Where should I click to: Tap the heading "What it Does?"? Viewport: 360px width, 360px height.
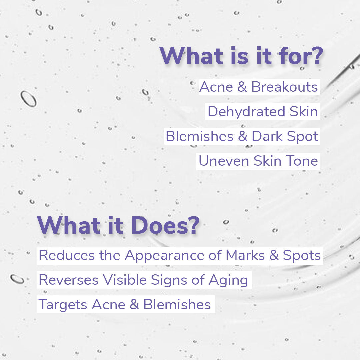click(x=118, y=226)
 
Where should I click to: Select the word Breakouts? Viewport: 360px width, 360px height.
click(x=284, y=87)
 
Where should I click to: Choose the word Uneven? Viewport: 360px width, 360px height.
click(x=224, y=161)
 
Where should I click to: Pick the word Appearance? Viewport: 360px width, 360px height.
click(x=169, y=256)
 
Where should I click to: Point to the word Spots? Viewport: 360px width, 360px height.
click(x=302, y=256)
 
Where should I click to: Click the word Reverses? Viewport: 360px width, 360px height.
click(x=69, y=280)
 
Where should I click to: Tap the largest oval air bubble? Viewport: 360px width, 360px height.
click(x=28, y=99)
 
